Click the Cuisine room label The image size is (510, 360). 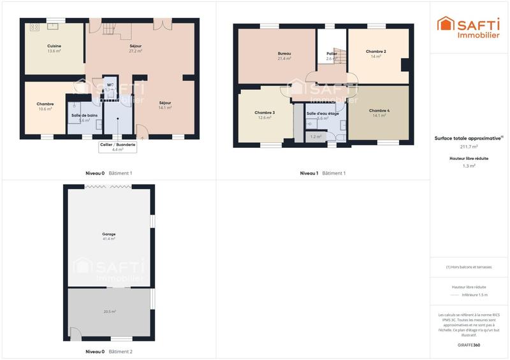[54, 46]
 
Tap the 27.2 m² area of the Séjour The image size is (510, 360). [135, 51]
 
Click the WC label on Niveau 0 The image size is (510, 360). [110, 85]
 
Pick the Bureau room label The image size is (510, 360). [284, 53]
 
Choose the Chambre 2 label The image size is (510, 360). [375, 51]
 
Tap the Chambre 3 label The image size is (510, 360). [265, 113]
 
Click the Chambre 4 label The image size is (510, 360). [379, 111]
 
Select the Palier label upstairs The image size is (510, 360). [331, 54]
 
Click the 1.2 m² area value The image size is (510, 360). [315, 136]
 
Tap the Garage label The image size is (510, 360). [109, 234]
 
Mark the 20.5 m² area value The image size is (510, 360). [110, 312]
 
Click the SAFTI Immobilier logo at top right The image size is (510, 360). [468, 27]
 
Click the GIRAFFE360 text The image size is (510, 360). [469, 345]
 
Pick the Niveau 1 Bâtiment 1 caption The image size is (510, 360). [323, 173]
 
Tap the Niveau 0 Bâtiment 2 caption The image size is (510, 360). [109, 352]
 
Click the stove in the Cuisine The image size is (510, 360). [34, 27]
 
